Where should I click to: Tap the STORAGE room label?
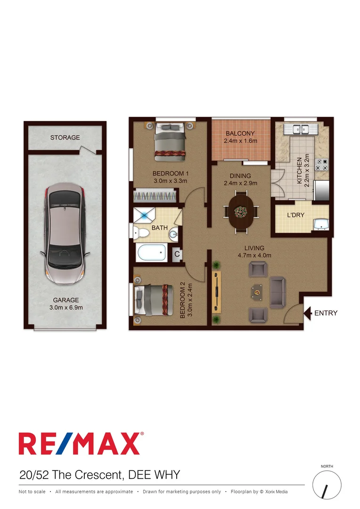pyautogui.click(x=65, y=138)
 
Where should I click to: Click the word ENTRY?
pyautogui.click(x=326, y=313)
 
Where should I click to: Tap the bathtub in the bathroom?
pyautogui.click(x=151, y=253)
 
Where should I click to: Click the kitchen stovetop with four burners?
pyautogui.click(x=321, y=164)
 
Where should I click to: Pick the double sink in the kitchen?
pyautogui.click(x=300, y=128)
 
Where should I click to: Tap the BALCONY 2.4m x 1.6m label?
pyautogui.click(x=240, y=137)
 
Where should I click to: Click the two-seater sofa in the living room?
pyautogui.click(x=277, y=291)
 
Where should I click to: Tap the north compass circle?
pyautogui.click(x=327, y=485)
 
